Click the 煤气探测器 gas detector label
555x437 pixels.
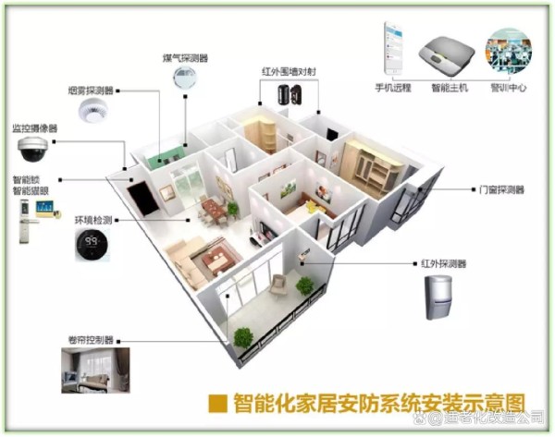click(186, 58)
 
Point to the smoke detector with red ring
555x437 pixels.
click(92, 113)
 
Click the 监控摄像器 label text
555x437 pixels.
click(34, 128)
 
